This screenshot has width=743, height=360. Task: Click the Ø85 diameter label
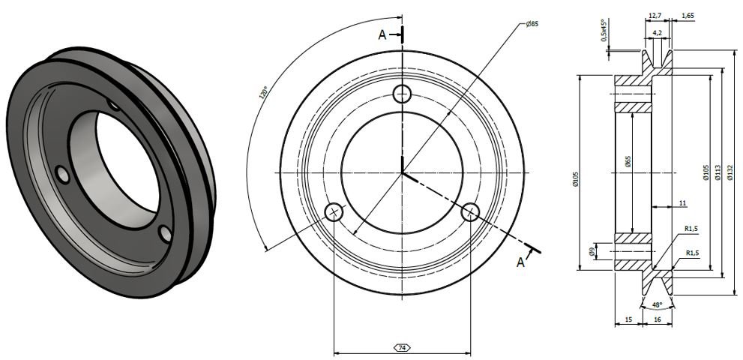[532, 25]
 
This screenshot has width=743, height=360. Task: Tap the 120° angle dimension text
[262, 94]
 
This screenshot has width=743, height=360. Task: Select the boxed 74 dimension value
[402, 348]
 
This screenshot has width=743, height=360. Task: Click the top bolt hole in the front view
[403, 94]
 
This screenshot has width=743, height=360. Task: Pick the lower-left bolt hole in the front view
[334, 212]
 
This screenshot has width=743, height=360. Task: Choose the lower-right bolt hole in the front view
[471, 212]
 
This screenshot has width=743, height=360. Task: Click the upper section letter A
[382, 34]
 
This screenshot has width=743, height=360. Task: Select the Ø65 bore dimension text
[628, 161]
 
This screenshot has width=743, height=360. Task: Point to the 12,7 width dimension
[653, 15]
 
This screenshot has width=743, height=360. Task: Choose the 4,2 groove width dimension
[658, 33]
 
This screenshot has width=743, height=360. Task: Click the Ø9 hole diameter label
[592, 253]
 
